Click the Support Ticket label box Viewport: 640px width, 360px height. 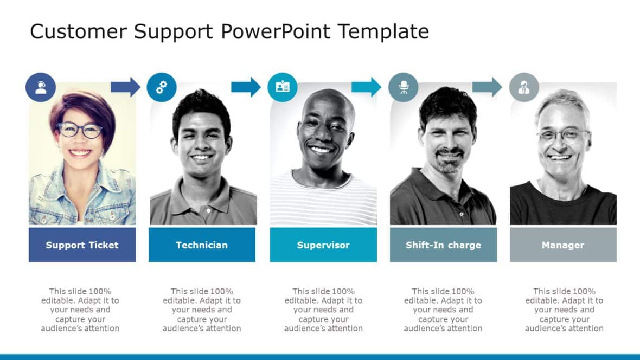point(82,245)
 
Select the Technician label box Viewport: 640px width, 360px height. point(202,245)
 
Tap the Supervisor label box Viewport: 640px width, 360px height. point(323,245)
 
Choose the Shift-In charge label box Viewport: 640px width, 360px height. point(443,245)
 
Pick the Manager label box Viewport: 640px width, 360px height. point(563,245)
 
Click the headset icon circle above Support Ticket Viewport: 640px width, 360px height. point(41,87)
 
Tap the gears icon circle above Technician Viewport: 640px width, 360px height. point(162,87)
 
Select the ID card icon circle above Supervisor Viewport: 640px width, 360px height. point(283,87)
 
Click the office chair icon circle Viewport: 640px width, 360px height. point(404,87)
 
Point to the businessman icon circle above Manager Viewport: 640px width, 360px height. point(524,87)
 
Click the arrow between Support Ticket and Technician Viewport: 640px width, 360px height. point(125,87)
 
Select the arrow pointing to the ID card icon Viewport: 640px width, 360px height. point(246,87)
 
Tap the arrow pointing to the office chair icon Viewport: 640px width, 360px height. point(366,87)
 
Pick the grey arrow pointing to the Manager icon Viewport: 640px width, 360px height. point(487,87)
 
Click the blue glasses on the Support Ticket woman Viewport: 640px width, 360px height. point(80,130)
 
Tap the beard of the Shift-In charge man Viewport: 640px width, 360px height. point(449,162)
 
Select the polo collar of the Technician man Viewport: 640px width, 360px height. point(202,187)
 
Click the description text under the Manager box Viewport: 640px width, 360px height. point(564,310)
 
